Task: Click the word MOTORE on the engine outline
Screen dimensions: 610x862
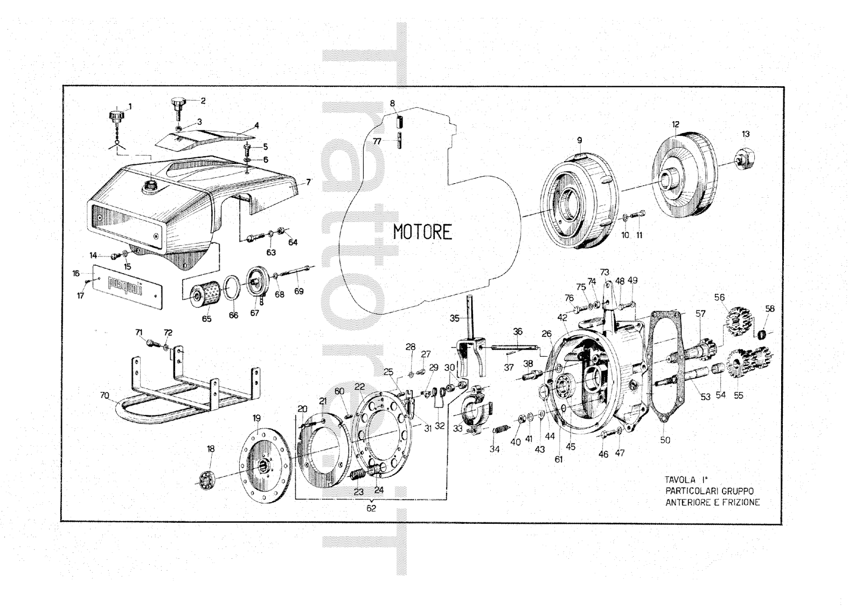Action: [x=422, y=232]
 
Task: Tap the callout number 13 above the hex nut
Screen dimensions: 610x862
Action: [x=746, y=134]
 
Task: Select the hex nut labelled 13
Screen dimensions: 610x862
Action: [x=746, y=158]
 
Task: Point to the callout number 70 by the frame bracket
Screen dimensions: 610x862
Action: [x=105, y=396]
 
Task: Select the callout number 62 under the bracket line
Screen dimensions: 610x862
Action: [x=371, y=508]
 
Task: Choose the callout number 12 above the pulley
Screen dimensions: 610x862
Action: [x=676, y=124]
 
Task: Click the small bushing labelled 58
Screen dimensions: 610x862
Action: [x=762, y=335]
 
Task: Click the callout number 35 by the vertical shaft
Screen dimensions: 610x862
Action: [x=455, y=318]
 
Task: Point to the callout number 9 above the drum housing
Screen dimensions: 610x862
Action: [x=580, y=140]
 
